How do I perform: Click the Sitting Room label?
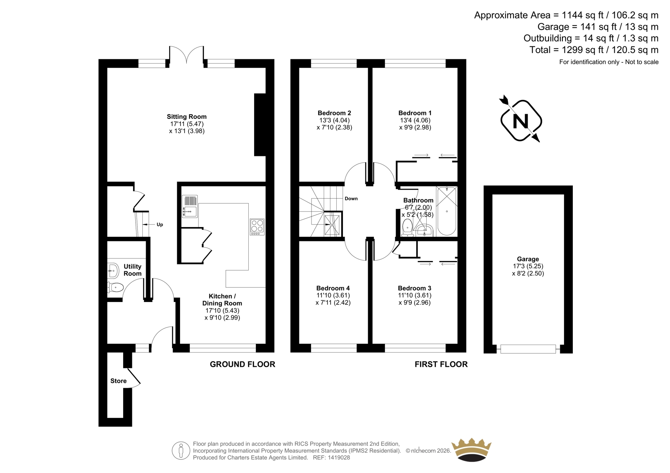[x=187, y=117]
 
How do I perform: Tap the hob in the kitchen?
[x=257, y=227]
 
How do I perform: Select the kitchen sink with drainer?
[x=190, y=206]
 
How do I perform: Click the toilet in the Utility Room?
[x=115, y=287]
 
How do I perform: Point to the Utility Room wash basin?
[x=113, y=271]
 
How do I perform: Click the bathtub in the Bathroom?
[x=446, y=211]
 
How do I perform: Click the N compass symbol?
[x=521, y=120]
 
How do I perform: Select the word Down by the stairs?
[x=351, y=198]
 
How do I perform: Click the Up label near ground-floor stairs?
[x=160, y=225]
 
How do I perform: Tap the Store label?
[x=119, y=381]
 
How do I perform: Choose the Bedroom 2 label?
[x=334, y=113]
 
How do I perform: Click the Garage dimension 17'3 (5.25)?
[x=528, y=266]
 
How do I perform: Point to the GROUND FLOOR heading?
[x=242, y=364]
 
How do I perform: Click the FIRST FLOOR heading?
[x=441, y=364]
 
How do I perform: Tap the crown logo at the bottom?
[x=472, y=450]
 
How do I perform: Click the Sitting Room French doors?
[x=187, y=55]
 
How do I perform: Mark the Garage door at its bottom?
[x=528, y=349]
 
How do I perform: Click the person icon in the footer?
[x=181, y=450]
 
